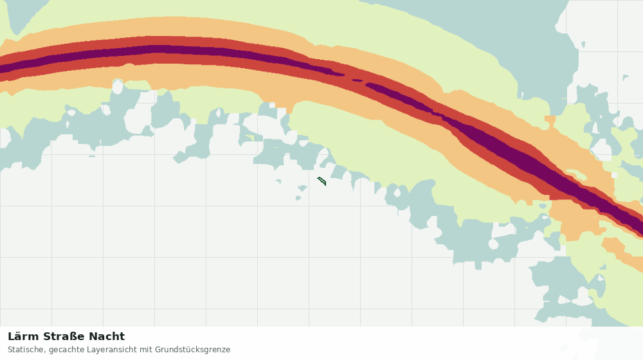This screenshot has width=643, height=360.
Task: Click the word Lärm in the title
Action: click(23, 337)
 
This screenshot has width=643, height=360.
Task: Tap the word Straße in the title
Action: click(64, 337)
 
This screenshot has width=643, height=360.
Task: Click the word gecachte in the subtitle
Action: click(64, 350)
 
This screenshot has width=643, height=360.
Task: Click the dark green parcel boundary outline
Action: click(321, 181)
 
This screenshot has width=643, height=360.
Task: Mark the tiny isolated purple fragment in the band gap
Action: click(357, 80)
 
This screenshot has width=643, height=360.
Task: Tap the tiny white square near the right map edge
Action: click(614, 175)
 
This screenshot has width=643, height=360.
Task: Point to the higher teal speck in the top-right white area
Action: click(583, 44)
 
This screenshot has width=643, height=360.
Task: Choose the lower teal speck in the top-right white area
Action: click(625, 77)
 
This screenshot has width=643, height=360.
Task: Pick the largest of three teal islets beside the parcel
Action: click(302, 188)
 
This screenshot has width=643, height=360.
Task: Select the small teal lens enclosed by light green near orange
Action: click(543, 206)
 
